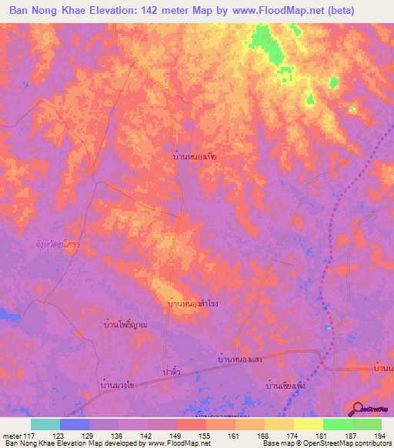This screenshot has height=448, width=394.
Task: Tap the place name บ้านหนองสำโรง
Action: click(192, 305)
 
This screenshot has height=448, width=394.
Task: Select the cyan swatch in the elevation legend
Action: click(45, 424)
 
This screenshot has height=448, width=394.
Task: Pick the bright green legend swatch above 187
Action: click(338, 424)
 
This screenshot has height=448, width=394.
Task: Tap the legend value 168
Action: click(264, 436)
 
